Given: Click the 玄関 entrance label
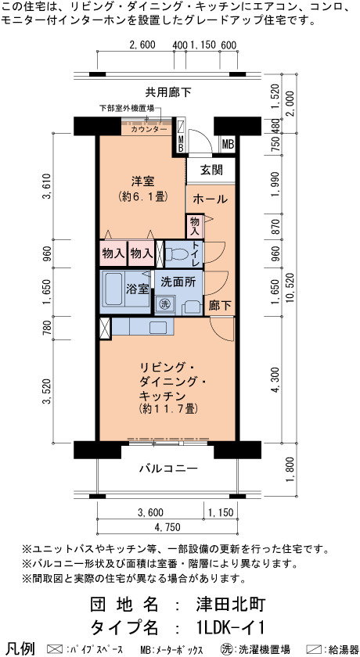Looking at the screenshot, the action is pos(211,171).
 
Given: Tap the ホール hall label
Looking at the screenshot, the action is pos(210,199).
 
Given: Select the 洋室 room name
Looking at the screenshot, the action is pos(143,181).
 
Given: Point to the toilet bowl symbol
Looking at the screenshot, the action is pos(177,253).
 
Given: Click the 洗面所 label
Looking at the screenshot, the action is pos(178,282).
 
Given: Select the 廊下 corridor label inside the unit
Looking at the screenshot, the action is pos(220,306).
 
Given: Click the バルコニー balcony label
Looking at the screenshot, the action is pos(168,469).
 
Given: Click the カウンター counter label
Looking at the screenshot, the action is pos(149,130).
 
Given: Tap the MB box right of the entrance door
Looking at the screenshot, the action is pos(228,145).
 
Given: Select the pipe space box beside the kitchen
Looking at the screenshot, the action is pos(105,328).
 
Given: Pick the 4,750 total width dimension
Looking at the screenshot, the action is pos(167,527).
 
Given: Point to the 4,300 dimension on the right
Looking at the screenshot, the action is pos(275,382).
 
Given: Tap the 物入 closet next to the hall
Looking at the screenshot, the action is pos(196,225).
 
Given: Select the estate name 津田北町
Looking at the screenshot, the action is pos(229,605).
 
